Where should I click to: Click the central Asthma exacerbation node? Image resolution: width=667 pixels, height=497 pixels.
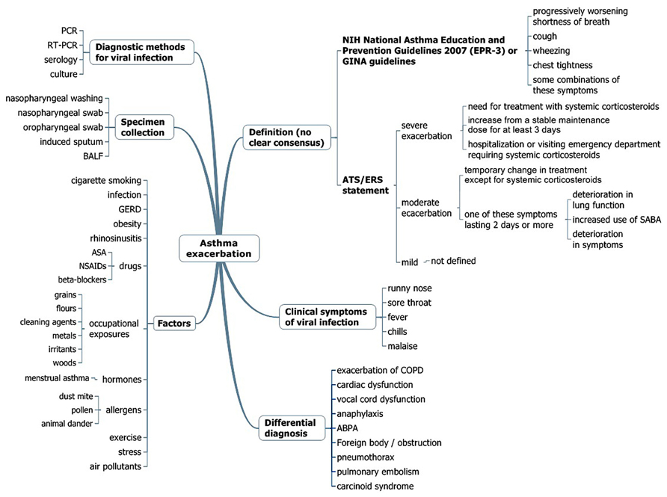point(219,248)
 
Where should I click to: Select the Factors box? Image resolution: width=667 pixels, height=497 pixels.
point(173,324)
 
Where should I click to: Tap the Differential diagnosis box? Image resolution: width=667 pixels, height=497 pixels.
point(289,428)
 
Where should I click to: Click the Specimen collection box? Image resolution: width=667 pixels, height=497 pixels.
point(144,126)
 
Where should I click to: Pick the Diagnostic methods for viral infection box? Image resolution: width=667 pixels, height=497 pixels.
point(142,52)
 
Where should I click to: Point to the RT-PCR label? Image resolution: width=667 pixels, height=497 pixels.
point(63,45)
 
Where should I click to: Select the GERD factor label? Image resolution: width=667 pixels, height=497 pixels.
point(130,209)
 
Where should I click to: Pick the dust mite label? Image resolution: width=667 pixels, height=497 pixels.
point(76,396)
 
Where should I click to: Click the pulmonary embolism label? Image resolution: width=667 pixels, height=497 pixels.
point(378,472)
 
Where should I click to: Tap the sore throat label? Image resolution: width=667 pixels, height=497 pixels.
point(410,302)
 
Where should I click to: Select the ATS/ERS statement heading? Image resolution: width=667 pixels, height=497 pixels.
point(365,185)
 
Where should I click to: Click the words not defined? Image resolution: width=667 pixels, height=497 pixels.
point(453,261)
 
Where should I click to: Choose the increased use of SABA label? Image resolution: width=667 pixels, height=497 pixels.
point(618,220)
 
